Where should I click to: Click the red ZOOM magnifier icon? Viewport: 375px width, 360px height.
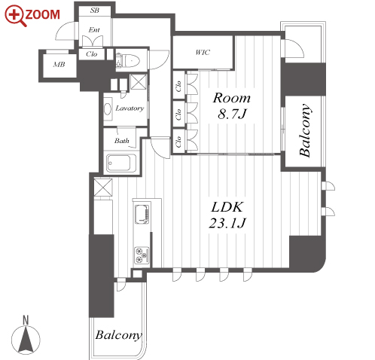15,16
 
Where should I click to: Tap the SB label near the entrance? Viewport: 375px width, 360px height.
95,11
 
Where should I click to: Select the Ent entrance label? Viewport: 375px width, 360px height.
94,30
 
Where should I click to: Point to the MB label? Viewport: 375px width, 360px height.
59,65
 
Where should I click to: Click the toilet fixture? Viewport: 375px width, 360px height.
128,61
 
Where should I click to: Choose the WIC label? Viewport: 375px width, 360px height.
203,53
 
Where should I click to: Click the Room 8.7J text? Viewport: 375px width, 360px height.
231,105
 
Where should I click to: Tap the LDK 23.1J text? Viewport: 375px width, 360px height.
227,215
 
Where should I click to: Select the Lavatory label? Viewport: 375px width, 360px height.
130,108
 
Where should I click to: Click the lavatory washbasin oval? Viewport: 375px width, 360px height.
108,109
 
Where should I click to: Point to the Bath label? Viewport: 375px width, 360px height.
122,141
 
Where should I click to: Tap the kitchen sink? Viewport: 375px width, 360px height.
142,215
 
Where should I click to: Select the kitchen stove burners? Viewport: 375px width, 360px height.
142,255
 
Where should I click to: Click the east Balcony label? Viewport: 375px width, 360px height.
306,130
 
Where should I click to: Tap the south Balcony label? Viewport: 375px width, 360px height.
119,335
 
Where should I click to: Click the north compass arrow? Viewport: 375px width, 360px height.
26,340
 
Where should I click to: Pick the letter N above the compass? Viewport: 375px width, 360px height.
26,320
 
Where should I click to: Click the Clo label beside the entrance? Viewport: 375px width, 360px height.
91,54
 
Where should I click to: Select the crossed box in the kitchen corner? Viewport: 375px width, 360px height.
103,187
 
